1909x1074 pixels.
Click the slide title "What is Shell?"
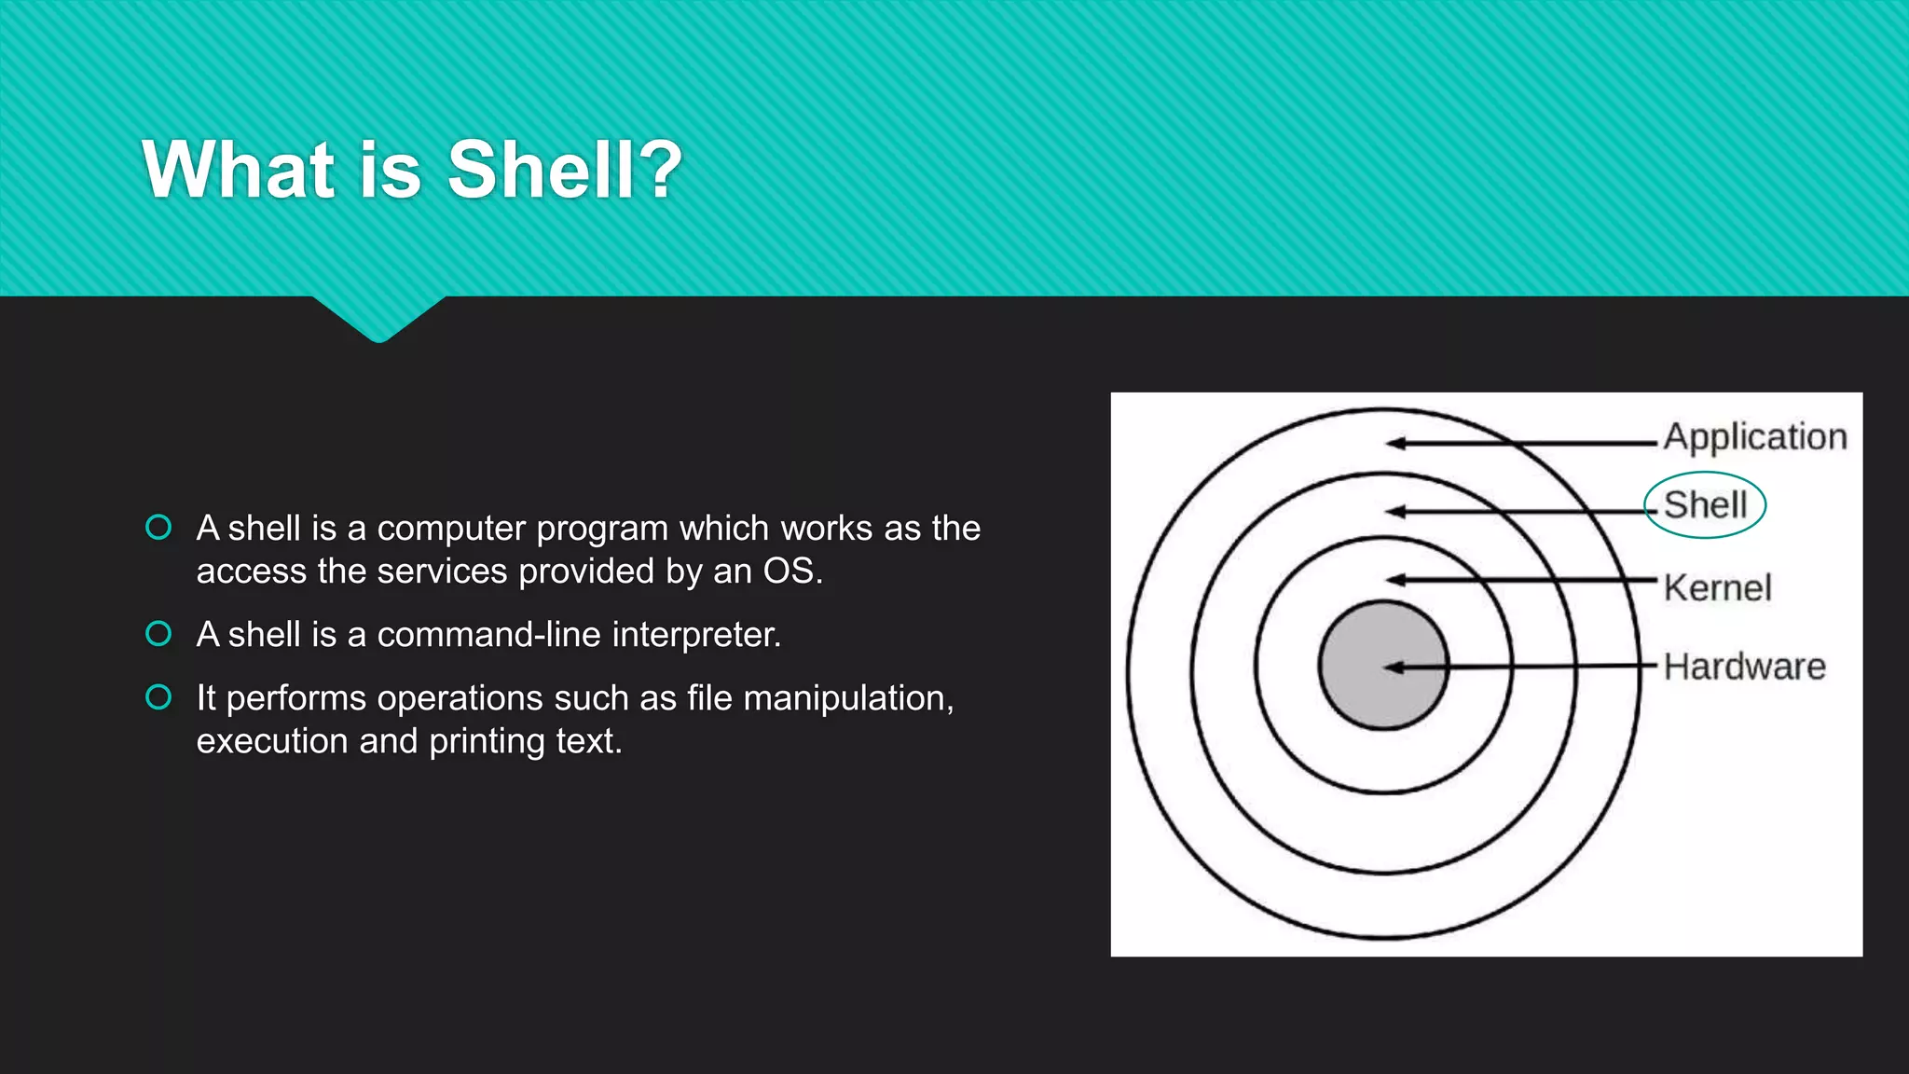[x=412, y=170]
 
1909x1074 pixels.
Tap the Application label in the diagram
[x=1754, y=437]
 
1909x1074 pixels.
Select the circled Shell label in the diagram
[x=1705, y=505]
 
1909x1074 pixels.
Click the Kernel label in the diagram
[x=1717, y=588]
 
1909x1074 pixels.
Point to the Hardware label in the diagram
[x=1744, y=667]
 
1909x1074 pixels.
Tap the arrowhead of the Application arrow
[x=1394, y=444]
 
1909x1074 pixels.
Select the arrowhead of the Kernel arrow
[x=1394, y=580]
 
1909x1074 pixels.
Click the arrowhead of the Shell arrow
[x=1394, y=512]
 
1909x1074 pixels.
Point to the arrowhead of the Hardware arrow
[x=1393, y=667]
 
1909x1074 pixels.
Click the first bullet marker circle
[x=158, y=528]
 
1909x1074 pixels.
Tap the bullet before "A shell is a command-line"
[x=158, y=634]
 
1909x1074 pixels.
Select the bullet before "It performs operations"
[x=158, y=697]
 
